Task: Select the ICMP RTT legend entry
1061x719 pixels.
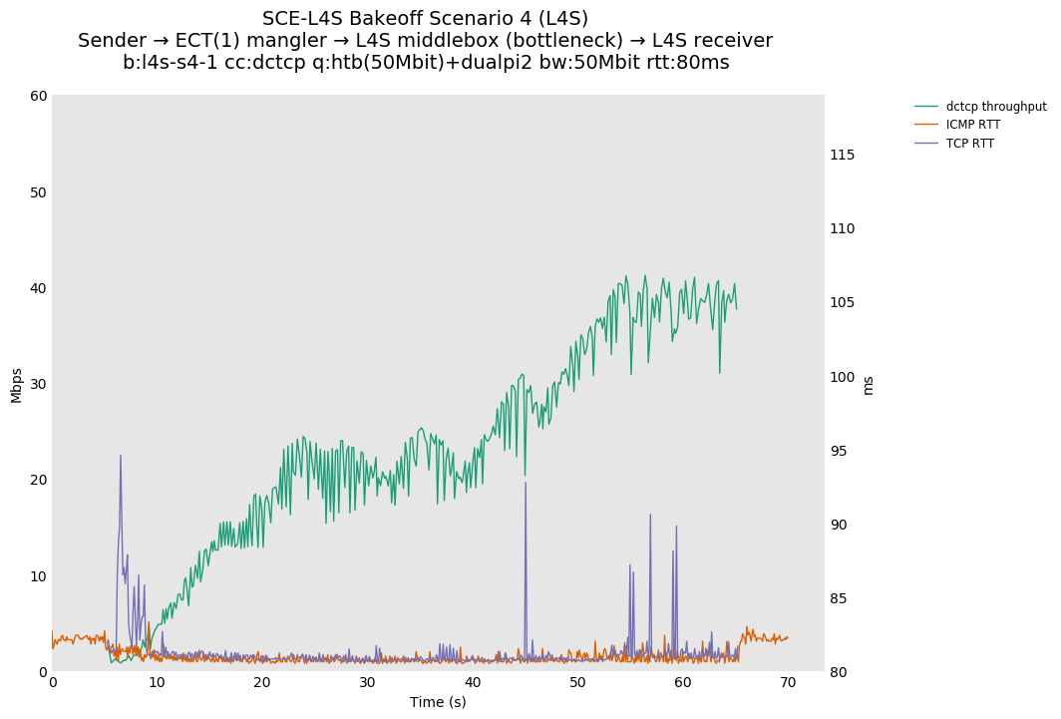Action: pyautogui.click(x=972, y=125)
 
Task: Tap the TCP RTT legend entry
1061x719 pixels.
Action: pyautogui.click(x=969, y=144)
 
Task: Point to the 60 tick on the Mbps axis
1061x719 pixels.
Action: pyautogui.click(x=39, y=96)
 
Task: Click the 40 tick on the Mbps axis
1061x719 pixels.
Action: pyautogui.click(x=39, y=288)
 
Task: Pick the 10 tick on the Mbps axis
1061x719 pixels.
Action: pyautogui.click(x=39, y=576)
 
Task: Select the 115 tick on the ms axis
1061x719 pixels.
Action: pyautogui.click(x=843, y=155)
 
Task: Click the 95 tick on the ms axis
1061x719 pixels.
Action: pyautogui.click(x=839, y=451)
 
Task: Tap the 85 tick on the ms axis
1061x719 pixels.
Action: pyautogui.click(x=839, y=598)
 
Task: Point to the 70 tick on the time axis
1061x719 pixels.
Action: pyautogui.click(x=788, y=683)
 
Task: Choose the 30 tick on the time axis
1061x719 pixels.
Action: pyautogui.click(x=368, y=683)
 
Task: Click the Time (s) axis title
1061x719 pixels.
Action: pyautogui.click(x=438, y=702)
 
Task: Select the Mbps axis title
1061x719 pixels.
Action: pyautogui.click(x=16, y=385)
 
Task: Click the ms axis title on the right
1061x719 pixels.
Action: pyautogui.click(x=868, y=385)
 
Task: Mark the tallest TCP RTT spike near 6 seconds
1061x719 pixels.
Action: pyautogui.click(x=121, y=456)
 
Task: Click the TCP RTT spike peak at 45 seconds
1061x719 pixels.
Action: pyautogui.click(x=526, y=483)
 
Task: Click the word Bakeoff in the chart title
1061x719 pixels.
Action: pyautogui.click(x=386, y=19)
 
